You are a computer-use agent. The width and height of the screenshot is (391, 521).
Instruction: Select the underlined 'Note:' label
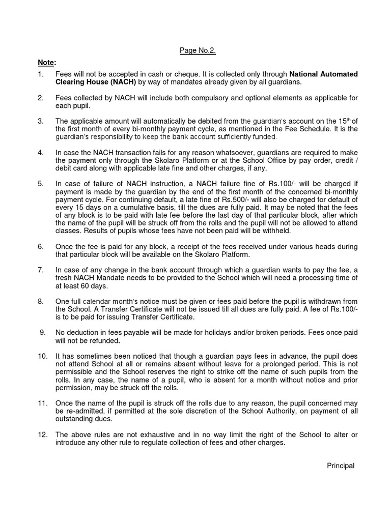[x=46, y=62]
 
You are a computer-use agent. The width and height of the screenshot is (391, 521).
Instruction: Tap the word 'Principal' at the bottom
[x=341, y=466]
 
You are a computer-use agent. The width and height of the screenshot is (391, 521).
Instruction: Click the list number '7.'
[x=41, y=270]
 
